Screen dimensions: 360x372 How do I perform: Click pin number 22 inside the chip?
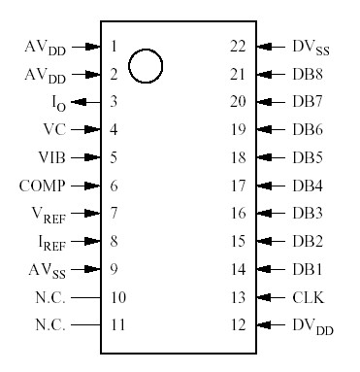238,46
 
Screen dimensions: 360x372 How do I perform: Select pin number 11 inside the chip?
118,324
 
